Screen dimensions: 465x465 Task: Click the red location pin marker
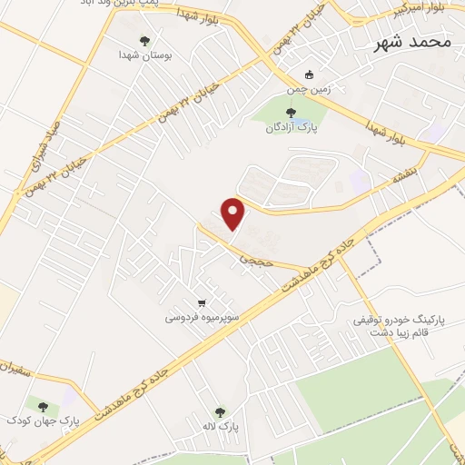coord(234,213)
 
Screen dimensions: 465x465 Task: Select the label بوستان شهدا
coord(144,54)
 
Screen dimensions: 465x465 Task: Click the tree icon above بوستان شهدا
coord(144,40)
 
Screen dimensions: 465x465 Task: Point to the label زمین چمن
coord(310,89)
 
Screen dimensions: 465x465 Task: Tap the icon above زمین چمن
coord(310,74)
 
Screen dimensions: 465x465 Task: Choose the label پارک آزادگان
coord(290,128)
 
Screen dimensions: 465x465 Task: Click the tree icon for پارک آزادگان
coord(290,113)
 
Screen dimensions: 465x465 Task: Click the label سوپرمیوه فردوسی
coord(202,318)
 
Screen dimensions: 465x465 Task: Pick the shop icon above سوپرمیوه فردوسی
coord(202,303)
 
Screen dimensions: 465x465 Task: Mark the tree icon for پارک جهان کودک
coord(43,405)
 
